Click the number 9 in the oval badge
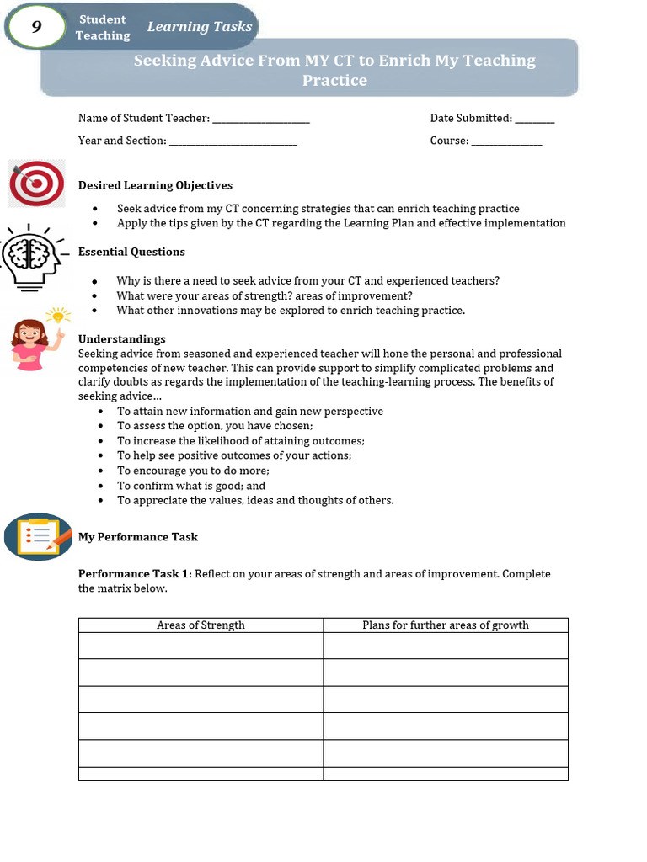pos(36,27)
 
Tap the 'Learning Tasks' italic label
pos(200,27)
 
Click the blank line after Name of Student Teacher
pos(261,120)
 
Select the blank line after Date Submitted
pos(535,120)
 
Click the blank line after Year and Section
pos(233,141)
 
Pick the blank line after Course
pos(506,141)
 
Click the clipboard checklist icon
pos(39,536)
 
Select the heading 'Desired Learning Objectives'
pos(155,185)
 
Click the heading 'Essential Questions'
pos(131,252)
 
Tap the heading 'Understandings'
pos(121,339)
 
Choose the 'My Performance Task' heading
pos(138,537)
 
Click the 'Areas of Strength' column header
pos(201,625)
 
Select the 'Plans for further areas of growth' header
pos(446,625)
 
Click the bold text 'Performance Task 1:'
pos(136,574)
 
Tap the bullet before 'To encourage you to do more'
pos(101,471)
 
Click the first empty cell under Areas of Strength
pos(201,646)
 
